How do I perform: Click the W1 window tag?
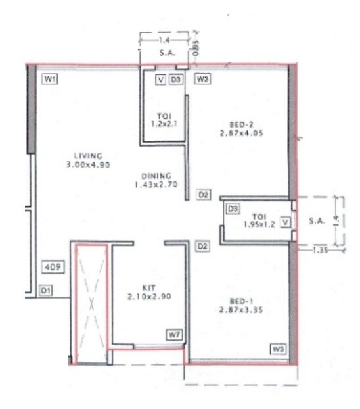(x=50, y=80)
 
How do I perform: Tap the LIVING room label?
(x=88, y=156)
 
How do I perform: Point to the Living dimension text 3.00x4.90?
(x=88, y=164)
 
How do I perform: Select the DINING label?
(x=156, y=176)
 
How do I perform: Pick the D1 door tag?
(x=45, y=289)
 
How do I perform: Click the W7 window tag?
(x=173, y=335)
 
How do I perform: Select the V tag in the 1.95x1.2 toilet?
(x=284, y=222)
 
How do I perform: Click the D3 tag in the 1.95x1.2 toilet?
(x=232, y=208)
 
